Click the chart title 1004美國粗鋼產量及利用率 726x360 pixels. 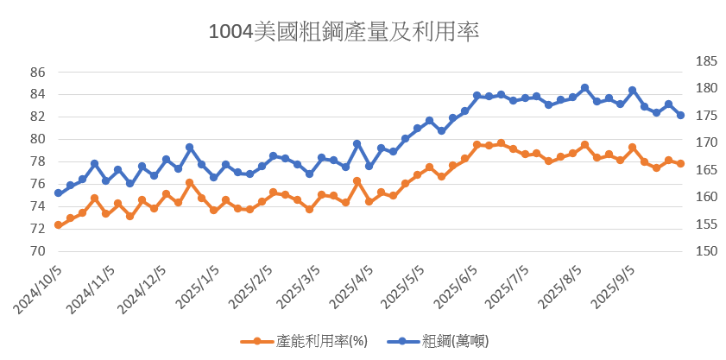click(344, 32)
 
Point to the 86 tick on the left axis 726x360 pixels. click(37, 72)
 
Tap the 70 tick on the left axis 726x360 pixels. click(37, 251)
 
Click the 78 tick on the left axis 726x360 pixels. click(37, 161)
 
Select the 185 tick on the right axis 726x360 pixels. click(682, 62)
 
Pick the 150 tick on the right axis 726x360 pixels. click(682, 251)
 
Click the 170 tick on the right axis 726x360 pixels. click(682, 143)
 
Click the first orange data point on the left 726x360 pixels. click(58, 225)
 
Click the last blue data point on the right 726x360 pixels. click(680, 115)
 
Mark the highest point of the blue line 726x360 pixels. click(584, 88)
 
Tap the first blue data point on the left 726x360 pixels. click(58, 193)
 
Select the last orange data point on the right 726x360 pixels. click(680, 163)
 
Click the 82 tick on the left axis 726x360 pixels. click(37, 117)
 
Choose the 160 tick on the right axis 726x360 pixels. click(682, 198)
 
